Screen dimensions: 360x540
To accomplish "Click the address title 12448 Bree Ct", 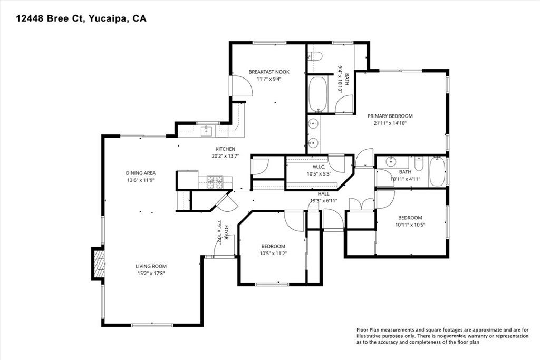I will tap(81, 18).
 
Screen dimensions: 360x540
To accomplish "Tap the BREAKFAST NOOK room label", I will tap(269, 72).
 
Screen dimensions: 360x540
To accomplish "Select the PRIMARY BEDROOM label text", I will tap(390, 116).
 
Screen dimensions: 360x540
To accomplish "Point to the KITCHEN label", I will tap(225, 149).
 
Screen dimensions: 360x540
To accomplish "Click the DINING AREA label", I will tap(140, 173).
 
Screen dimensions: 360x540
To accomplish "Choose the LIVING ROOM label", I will tap(151, 266).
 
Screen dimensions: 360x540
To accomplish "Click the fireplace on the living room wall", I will tap(97, 264).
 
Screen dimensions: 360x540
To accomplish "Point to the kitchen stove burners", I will tap(215, 181).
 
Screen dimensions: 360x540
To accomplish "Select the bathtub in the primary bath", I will tap(318, 94).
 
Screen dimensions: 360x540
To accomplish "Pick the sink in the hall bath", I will tap(391, 161).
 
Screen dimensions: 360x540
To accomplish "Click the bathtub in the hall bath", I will tap(437, 172).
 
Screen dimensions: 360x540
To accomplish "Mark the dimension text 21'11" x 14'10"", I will tap(390, 123).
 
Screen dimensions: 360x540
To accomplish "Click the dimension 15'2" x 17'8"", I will tap(151, 273).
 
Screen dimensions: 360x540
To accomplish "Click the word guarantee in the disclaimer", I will tap(458, 336).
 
